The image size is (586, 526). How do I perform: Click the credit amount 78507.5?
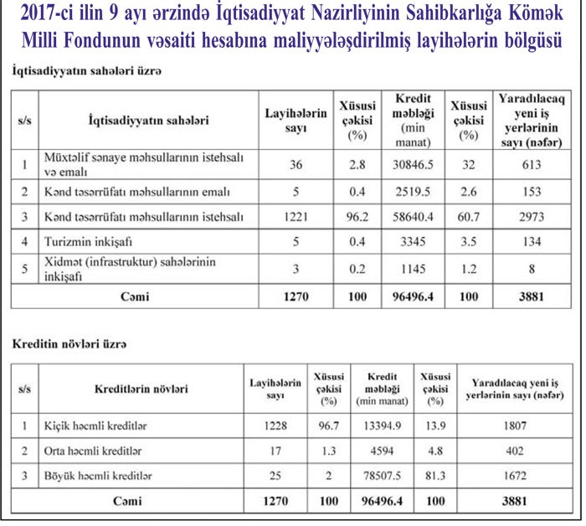pos(384,477)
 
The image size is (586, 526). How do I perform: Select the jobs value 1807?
pos(513,426)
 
